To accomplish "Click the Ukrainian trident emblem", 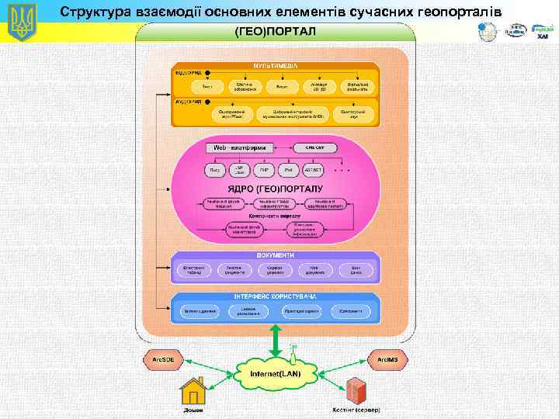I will pos(22,23).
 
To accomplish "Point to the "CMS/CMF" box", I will pos(314,147).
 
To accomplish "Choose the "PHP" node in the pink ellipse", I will pos(264,169).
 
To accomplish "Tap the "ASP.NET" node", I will pos(314,169).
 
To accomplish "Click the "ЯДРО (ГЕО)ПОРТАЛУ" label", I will pos(275,188).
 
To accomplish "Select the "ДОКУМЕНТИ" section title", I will pos(275,255).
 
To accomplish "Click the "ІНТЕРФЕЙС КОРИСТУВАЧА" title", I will pos(275,297).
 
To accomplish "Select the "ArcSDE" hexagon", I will pos(163,360).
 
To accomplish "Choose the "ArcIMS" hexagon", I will pos(387,360).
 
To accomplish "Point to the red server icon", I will pos(357,390).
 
